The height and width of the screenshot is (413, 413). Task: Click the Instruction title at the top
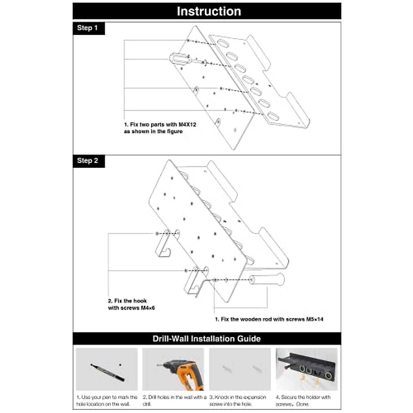pos(209,11)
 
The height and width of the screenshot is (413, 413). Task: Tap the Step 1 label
pos(87,28)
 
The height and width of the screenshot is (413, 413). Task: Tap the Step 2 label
pos(87,161)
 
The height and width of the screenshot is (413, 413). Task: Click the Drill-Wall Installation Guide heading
pos(206,339)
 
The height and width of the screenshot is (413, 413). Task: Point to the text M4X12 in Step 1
pos(187,125)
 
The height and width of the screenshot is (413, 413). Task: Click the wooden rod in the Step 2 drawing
pos(267,279)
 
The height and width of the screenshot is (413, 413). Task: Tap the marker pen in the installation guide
pos(107,372)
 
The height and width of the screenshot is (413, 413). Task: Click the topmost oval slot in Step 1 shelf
pos(223,44)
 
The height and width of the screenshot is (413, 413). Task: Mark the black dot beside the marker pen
pos(120,364)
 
